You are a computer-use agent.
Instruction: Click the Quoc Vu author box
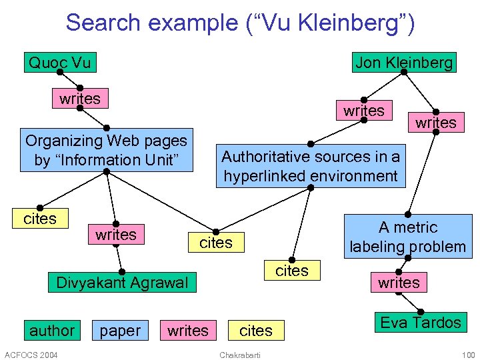point(59,63)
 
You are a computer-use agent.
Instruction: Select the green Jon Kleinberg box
point(404,63)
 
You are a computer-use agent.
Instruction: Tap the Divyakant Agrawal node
point(121,283)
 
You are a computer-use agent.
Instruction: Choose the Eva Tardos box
point(420,323)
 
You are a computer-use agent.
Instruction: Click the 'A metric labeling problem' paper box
point(408,237)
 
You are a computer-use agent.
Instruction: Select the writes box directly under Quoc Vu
point(80,99)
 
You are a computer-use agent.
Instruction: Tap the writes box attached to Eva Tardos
point(399,283)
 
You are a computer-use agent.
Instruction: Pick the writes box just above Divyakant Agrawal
point(115,235)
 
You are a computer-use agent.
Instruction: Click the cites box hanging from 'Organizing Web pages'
point(40,219)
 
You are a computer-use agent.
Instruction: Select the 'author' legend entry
point(52,331)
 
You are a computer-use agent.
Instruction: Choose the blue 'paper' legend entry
point(120,331)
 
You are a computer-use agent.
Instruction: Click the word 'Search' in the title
point(101,23)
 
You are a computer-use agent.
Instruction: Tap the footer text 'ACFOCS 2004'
point(31,354)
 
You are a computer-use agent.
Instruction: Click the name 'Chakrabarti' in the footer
point(239,354)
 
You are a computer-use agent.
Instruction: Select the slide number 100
point(468,354)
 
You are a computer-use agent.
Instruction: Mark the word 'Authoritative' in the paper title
point(265,157)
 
